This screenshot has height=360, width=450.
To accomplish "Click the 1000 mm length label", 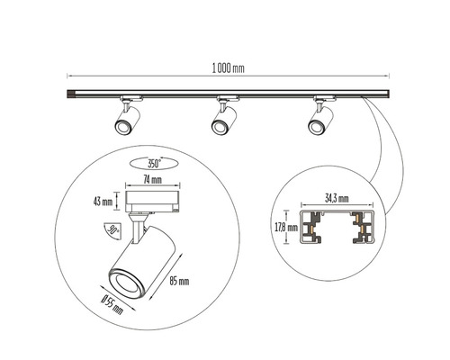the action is (229, 68).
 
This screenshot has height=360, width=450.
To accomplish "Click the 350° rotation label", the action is (155, 164).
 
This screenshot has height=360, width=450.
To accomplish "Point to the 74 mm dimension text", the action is (153, 180).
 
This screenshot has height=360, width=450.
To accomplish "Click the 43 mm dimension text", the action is (103, 202).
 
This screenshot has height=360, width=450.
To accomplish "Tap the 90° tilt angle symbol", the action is (112, 231).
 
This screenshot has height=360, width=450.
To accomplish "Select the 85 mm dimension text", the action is (179, 281).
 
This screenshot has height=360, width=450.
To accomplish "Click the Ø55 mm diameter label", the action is (112, 304).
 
